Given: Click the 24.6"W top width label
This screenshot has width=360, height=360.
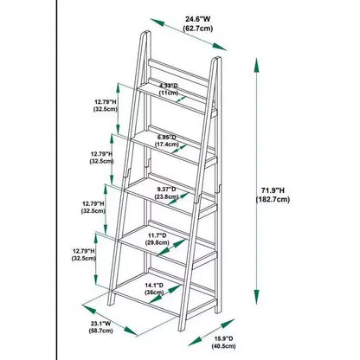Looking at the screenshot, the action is tap(198, 19).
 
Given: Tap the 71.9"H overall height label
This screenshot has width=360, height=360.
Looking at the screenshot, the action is tap(273, 190).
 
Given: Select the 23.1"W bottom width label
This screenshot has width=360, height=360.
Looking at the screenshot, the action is tap(100, 324).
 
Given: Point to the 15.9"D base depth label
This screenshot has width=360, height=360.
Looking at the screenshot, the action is tap(223, 338).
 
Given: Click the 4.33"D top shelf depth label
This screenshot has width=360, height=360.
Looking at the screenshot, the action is tap(169, 86).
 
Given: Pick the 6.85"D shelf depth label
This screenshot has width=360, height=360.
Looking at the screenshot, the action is tap(166, 137).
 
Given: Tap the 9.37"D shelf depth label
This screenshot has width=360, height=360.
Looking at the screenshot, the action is tap(166, 190).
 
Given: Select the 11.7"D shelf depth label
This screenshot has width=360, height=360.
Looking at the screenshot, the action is tap(157, 235).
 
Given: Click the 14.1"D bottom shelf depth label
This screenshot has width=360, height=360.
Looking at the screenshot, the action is tap(154, 286).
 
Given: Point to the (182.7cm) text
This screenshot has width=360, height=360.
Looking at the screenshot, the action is tap(273, 200).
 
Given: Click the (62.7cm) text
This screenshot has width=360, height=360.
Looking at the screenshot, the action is tap(198, 29).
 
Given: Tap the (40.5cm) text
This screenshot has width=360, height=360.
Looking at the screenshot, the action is tap(223, 346).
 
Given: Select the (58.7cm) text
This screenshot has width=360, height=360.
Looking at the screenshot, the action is tap(100, 331).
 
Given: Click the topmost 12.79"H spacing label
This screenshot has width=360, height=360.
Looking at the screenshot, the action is tap(106, 102).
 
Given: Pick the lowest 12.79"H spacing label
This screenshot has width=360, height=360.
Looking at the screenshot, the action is tap(84, 251).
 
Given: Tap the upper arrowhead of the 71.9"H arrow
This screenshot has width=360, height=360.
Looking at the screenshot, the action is tap(256, 66).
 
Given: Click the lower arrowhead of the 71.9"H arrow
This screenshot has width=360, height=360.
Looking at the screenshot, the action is tap(256, 297).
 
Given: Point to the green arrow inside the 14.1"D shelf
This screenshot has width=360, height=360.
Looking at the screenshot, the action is tap(165, 294).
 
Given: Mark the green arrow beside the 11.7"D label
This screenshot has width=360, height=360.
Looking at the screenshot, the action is tap(171, 247).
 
